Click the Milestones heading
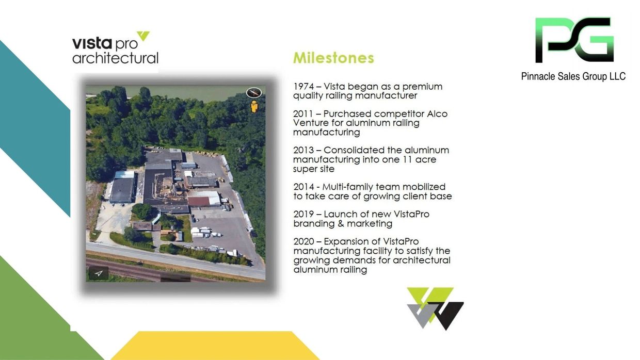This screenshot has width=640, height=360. (333, 58)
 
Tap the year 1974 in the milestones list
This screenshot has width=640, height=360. (303, 87)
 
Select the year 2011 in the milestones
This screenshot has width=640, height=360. (303, 114)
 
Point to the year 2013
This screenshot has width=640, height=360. (303, 150)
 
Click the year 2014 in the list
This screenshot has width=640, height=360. (303, 187)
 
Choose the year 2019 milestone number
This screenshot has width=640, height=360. (303, 214)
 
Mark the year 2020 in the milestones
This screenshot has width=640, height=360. (303, 241)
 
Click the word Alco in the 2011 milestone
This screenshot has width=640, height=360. (437, 114)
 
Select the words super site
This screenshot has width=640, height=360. (314, 169)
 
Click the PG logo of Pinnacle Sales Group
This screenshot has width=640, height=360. (574, 40)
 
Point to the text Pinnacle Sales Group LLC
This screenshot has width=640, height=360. (573, 76)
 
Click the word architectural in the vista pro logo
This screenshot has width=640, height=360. (116, 58)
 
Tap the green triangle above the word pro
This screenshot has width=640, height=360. (143, 36)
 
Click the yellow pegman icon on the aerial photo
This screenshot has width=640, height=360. (254, 106)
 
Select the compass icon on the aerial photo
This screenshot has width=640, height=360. (254, 92)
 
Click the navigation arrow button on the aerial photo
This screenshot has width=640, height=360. (99, 273)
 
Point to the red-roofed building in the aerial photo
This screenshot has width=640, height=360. (199, 201)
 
